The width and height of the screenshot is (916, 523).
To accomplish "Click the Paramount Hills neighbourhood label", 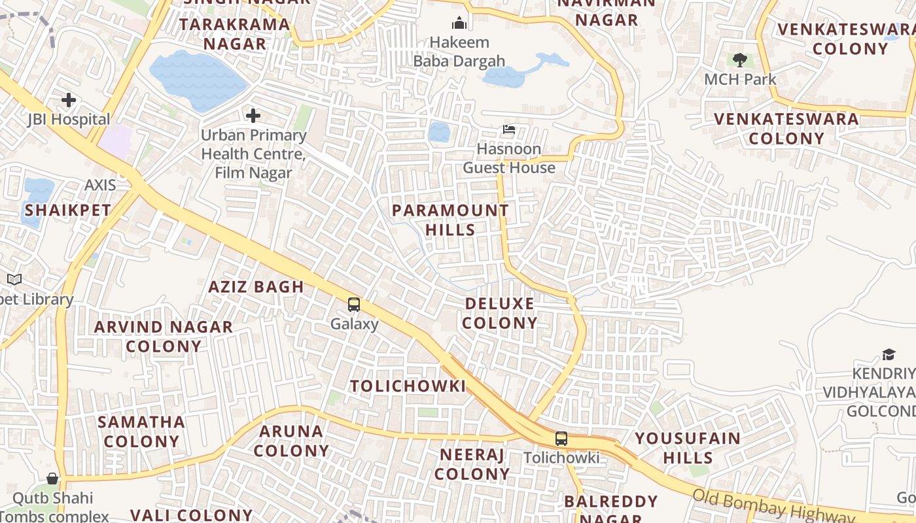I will click(450, 220).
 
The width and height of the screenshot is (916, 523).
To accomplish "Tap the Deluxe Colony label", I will click(501, 313).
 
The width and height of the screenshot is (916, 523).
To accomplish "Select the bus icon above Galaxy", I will click(354, 304).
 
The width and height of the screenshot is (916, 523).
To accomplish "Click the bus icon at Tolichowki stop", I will click(561, 439).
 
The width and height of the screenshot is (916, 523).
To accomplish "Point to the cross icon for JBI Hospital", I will click(69, 100).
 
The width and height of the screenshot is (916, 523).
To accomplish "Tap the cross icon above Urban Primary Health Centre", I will click(253, 116).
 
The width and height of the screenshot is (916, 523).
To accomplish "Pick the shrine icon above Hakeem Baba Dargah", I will click(459, 23).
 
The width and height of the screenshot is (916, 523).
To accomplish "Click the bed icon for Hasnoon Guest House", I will click(509, 129).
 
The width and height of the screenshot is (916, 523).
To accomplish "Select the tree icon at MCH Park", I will click(740, 60).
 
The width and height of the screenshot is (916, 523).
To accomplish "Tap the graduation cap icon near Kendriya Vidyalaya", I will click(889, 354).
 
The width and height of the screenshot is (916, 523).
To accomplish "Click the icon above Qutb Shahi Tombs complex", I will click(52, 479).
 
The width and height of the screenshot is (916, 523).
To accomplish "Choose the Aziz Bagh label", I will click(256, 286).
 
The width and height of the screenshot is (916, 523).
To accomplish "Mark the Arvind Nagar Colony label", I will click(164, 337).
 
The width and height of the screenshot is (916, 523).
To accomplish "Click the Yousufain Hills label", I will click(688, 447).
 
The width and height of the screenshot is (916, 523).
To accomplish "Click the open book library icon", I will click(14, 280).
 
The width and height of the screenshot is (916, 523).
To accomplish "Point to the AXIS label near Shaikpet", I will click(100, 185).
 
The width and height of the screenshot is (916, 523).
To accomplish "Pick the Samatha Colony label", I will click(141, 431).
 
